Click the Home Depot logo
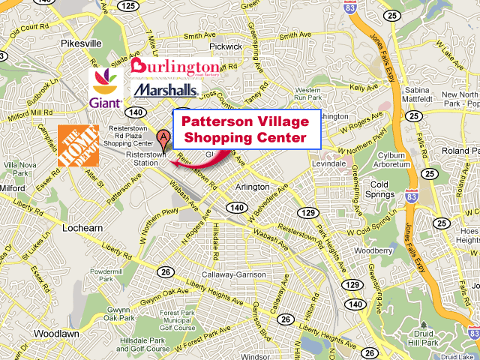pos(78,145)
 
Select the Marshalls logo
pos(166,90)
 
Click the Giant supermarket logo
pos(106,89)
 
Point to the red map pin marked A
pos(163,136)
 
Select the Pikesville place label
pos(81,43)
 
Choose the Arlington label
pos(252,187)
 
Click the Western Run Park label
pos(307,94)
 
